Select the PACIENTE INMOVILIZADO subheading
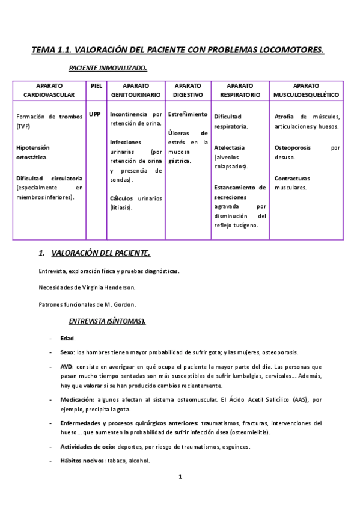(x=108, y=69)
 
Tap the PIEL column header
(x=96, y=86)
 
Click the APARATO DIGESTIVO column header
(x=188, y=90)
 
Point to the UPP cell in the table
(x=94, y=114)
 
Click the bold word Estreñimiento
(x=188, y=114)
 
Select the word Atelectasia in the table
(x=229, y=147)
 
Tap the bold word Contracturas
(x=292, y=179)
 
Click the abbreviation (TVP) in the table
(x=23, y=126)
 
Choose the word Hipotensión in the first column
(x=33, y=147)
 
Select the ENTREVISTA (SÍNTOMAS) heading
(x=107, y=321)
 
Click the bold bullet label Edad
(x=67, y=339)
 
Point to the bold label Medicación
(x=78, y=399)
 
